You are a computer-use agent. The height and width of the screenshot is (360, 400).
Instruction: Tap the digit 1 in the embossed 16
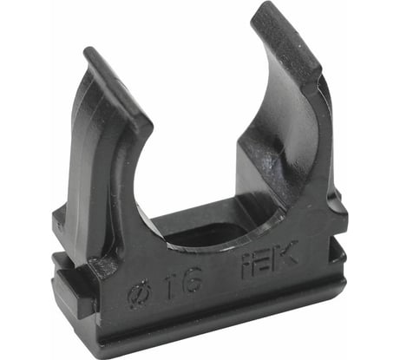pyautogui.click(x=174, y=282)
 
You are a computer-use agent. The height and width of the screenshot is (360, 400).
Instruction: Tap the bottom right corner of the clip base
pyautogui.click(x=344, y=286)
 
